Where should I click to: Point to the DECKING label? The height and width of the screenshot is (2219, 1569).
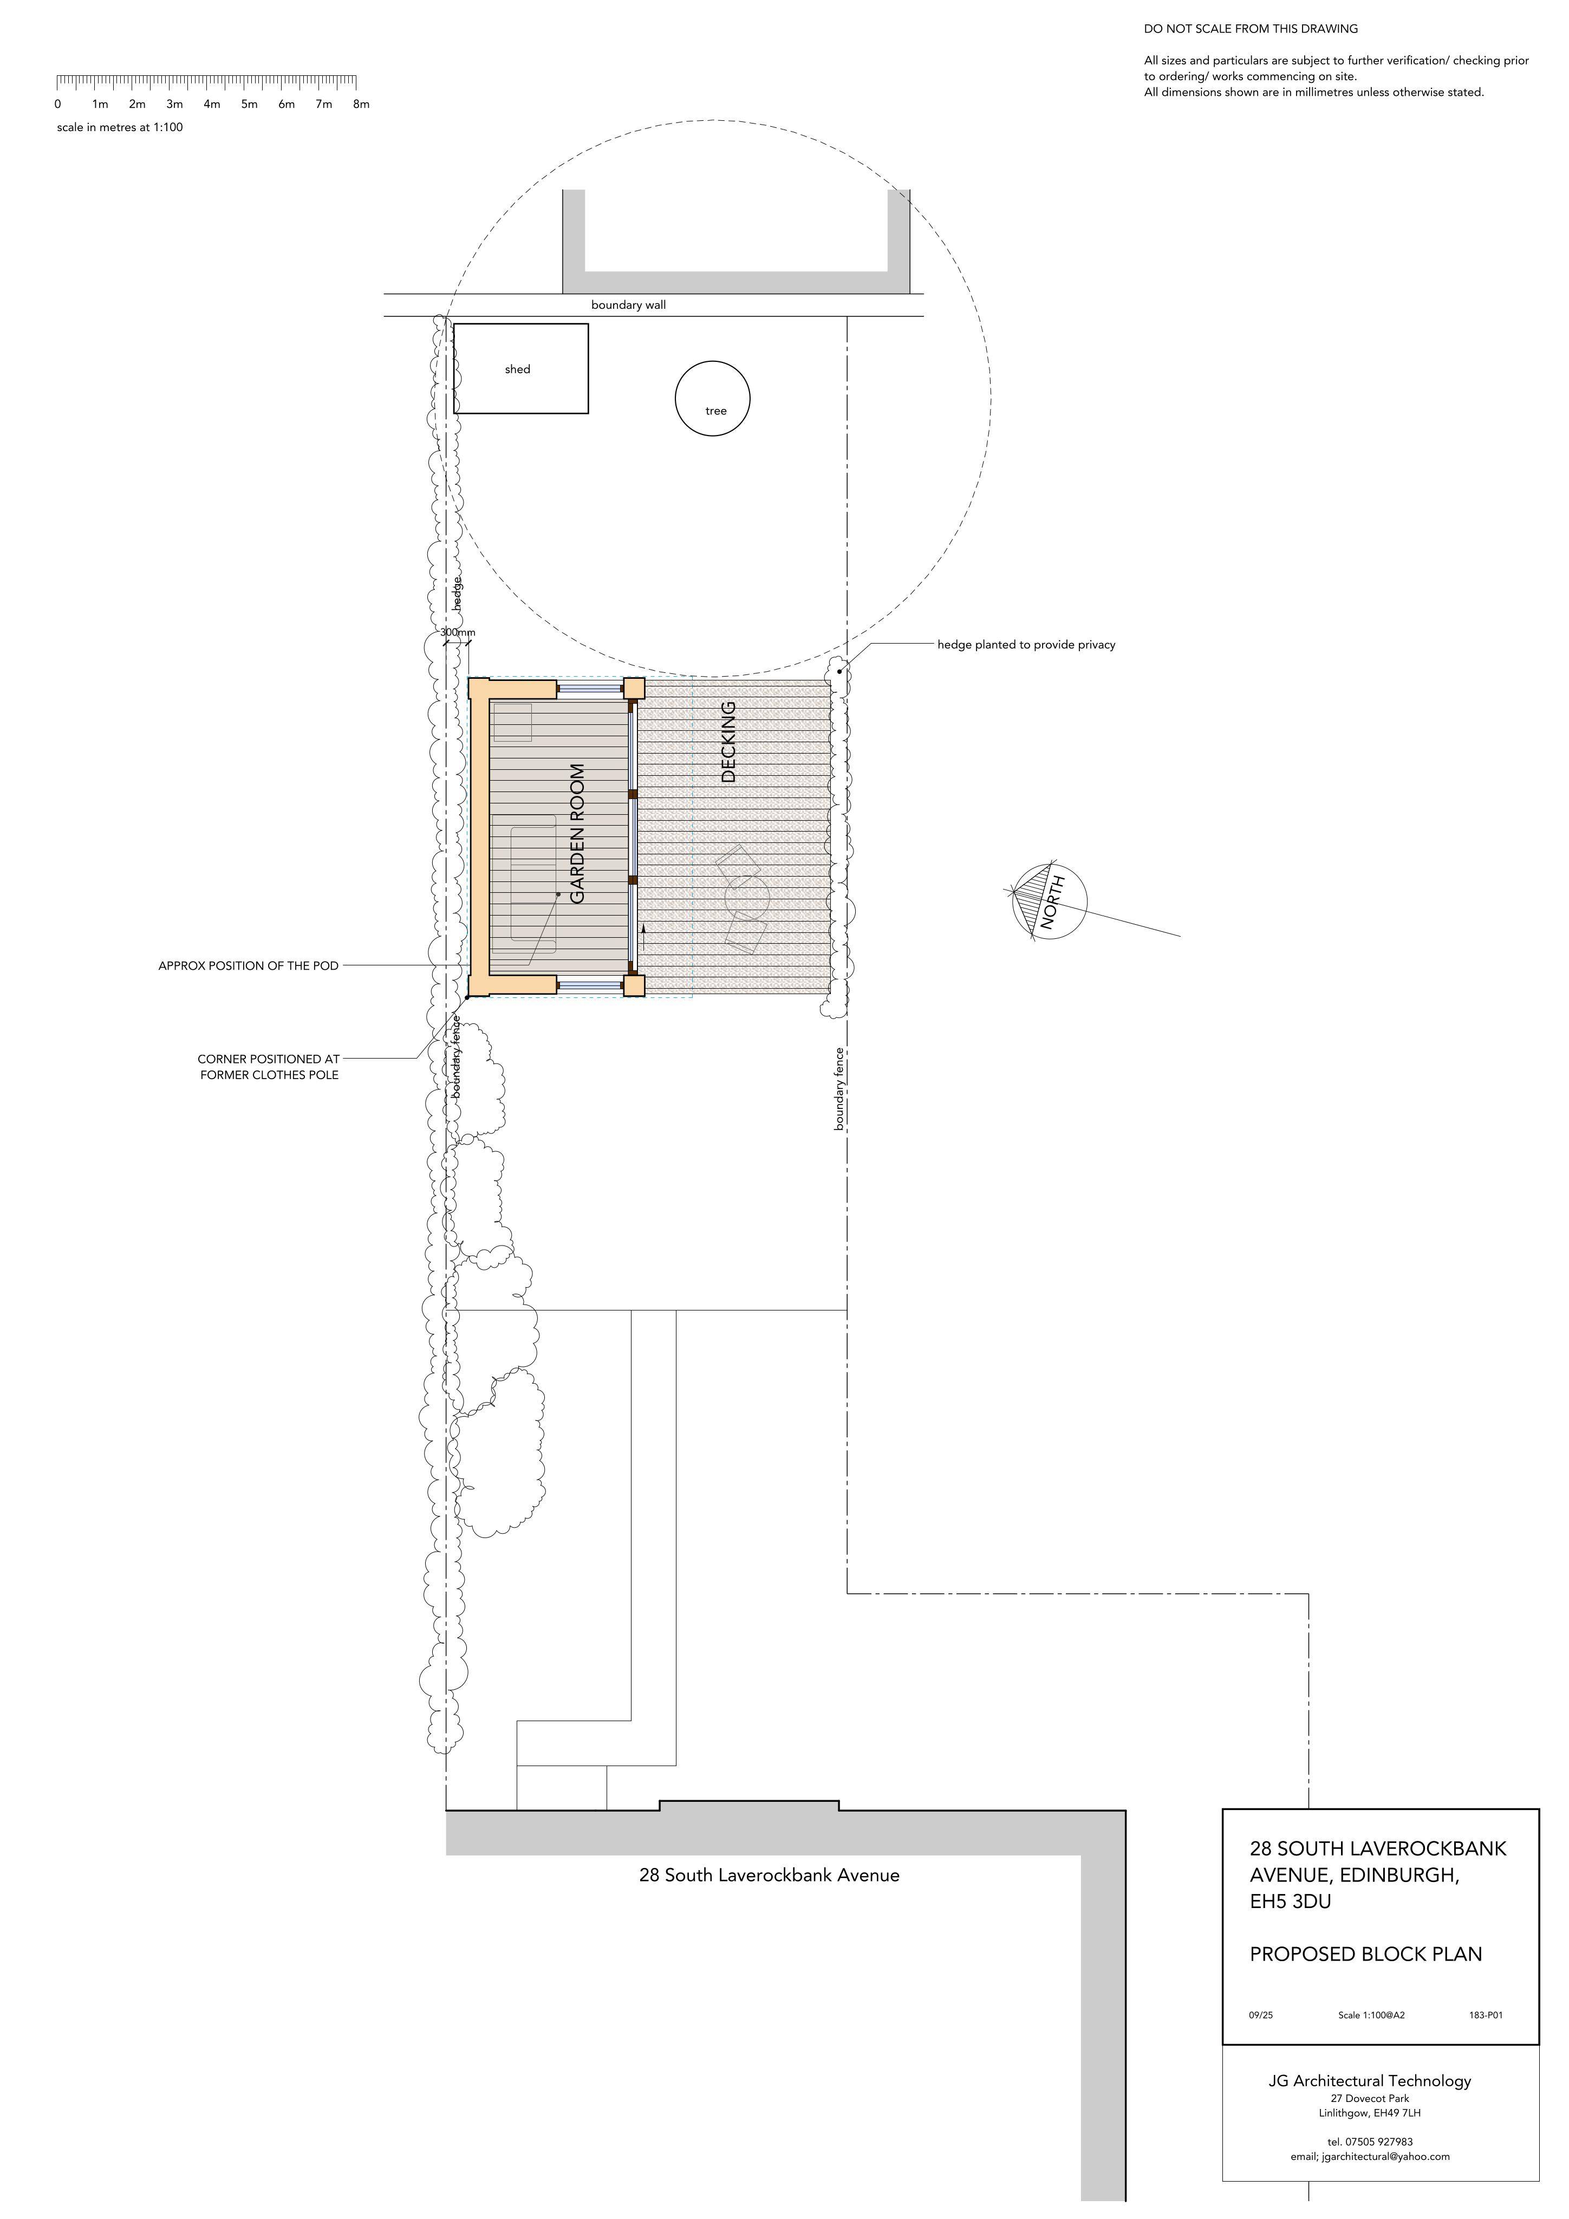coord(728,741)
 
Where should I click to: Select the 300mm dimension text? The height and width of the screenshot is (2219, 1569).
coord(458,633)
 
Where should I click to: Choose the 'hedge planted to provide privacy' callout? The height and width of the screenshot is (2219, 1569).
coord(1026,645)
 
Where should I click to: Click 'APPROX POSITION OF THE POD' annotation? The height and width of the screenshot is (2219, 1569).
coord(248,965)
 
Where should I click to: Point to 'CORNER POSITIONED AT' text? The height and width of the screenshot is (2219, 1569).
coord(269,1059)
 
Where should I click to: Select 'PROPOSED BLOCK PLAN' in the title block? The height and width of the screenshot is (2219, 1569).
coord(1365,1954)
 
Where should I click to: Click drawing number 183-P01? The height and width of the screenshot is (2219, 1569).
coord(1485,2015)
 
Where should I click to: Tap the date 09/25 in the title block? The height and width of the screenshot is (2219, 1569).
coord(1261,2015)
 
